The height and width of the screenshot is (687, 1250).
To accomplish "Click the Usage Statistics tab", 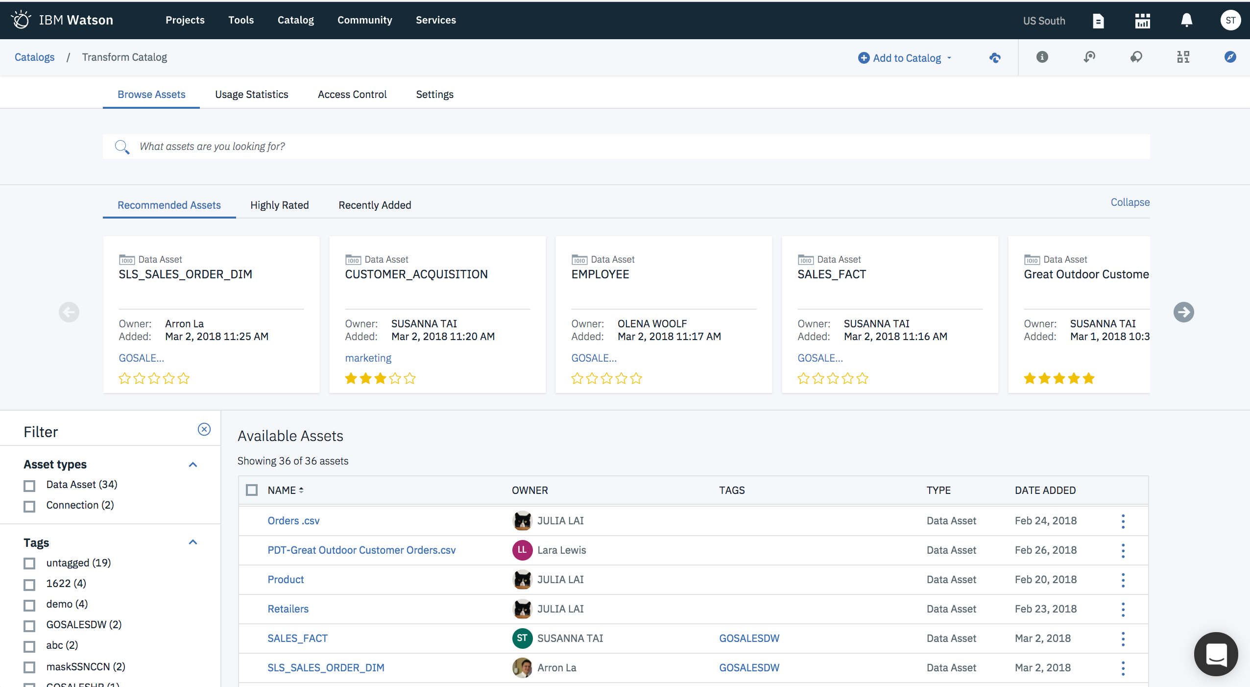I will pyautogui.click(x=251, y=95).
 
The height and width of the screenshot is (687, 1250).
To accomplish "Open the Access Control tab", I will pyautogui.click(x=352, y=95).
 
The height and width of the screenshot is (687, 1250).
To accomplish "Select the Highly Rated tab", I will pyautogui.click(x=279, y=205).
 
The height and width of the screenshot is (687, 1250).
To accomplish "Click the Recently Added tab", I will pyautogui.click(x=375, y=205).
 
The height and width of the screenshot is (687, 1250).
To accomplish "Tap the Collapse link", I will pyautogui.click(x=1130, y=202).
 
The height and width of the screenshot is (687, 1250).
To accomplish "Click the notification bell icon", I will pyautogui.click(x=1186, y=21).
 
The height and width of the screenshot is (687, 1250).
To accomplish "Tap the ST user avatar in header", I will pyautogui.click(x=1230, y=21).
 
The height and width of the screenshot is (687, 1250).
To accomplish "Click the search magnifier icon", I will pyautogui.click(x=121, y=147).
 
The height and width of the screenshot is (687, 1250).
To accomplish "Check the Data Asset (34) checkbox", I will pyautogui.click(x=30, y=486).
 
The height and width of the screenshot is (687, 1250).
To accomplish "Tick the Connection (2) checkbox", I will pyautogui.click(x=30, y=506).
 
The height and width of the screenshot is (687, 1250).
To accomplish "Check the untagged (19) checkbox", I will pyautogui.click(x=30, y=564).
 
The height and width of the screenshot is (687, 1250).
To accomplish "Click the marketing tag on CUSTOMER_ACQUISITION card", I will pyautogui.click(x=368, y=358).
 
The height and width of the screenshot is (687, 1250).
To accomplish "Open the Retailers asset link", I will pyautogui.click(x=288, y=609).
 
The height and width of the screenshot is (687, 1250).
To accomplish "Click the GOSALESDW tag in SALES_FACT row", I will pyautogui.click(x=749, y=638).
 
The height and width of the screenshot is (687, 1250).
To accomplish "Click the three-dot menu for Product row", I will pyautogui.click(x=1123, y=580).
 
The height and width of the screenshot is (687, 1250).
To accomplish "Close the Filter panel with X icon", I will pyautogui.click(x=204, y=430).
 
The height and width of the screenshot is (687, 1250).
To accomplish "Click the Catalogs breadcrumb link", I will pyautogui.click(x=34, y=57).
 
